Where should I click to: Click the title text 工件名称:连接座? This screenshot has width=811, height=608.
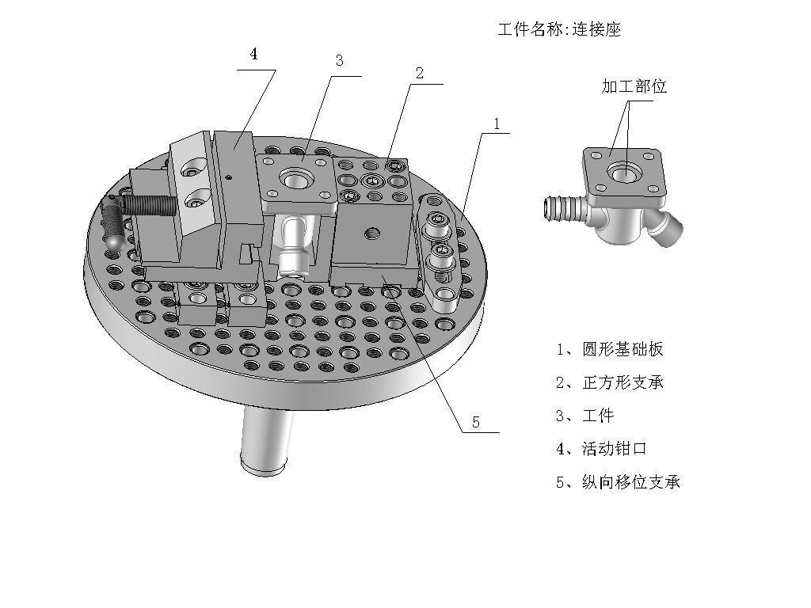(x=559, y=29)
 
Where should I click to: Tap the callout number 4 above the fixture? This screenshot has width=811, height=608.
(x=253, y=54)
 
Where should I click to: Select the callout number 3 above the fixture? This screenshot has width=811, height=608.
(x=339, y=60)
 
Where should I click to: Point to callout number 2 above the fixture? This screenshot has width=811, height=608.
(x=420, y=73)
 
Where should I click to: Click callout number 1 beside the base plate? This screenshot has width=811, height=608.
(x=497, y=124)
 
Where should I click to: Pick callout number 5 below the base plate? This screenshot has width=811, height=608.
(x=476, y=423)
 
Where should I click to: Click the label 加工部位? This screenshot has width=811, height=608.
(x=634, y=85)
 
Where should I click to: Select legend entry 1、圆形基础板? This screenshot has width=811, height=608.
(x=609, y=349)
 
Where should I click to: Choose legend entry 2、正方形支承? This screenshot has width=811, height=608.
(x=609, y=382)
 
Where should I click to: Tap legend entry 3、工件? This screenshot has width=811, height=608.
(x=585, y=416)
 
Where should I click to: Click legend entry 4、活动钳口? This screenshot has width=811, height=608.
(x=602, y=448)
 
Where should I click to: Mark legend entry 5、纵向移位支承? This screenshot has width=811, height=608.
(x=618, y=482)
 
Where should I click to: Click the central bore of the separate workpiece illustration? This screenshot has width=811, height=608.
(x=624, y=172)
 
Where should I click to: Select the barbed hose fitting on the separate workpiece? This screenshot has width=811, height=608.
(x=565, y=210)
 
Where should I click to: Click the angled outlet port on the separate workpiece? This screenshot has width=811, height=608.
(x=667, y=226)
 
